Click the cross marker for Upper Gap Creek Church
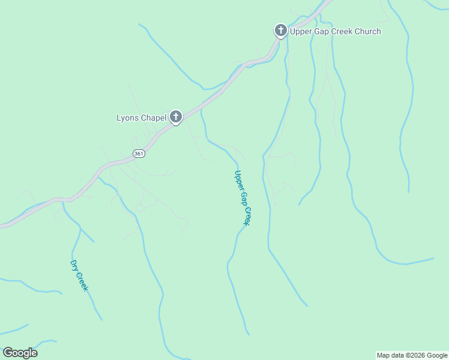pos(280,31)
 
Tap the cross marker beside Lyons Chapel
pos(175,117)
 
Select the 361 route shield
pos(139,154)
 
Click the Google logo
pos(20,353)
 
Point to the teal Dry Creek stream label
pos(79,275)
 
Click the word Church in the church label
pos(366,31)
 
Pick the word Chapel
pos(154,118)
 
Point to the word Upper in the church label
pos(301,31)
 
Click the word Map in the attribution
pos(384,355)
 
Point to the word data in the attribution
pos(399,355)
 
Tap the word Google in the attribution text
pos(437,355)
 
